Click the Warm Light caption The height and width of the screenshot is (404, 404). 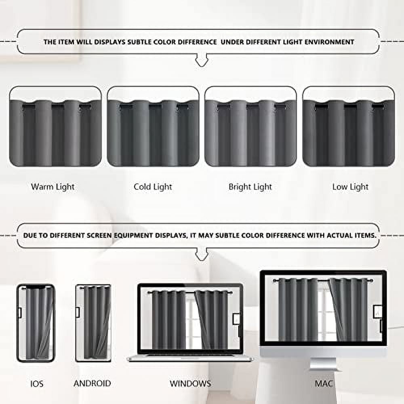click(53, 187)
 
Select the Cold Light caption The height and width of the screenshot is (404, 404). click(153, 187)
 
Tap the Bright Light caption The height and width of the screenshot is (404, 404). click(250, 187)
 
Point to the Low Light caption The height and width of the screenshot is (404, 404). click(350, 187)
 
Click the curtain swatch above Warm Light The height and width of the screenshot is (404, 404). click(55, 127)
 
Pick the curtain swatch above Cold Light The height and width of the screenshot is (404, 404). click(153, 127)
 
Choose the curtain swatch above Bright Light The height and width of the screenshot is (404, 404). click(250, 127)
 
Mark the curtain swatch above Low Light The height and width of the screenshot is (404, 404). click(348, 127)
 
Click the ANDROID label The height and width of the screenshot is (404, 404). click(92, 383)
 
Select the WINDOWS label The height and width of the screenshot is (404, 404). click(190, 383)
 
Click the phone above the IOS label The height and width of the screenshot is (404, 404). click(36, 323)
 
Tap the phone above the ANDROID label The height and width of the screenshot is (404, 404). click(93, 323)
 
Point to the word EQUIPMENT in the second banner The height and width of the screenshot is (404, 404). click(135, 235)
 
